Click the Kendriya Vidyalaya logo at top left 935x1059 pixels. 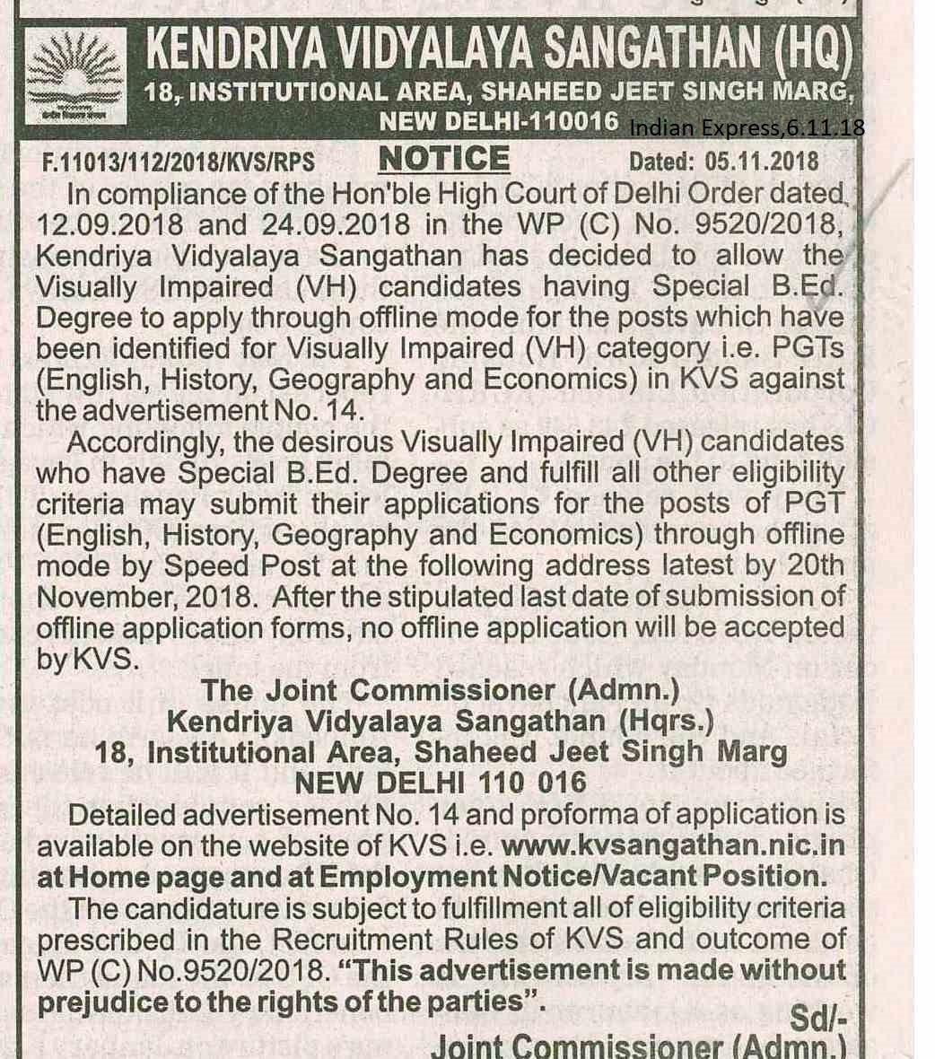[x=75, y=77]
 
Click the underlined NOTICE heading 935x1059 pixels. [x=443, y=160]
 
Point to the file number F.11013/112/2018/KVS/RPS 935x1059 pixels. [x=179, y=162]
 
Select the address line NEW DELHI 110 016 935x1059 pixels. [x=440, y=783]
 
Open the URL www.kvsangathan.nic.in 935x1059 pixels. [x=673, y=845]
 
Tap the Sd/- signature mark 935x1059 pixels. [x=817, y=1018]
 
